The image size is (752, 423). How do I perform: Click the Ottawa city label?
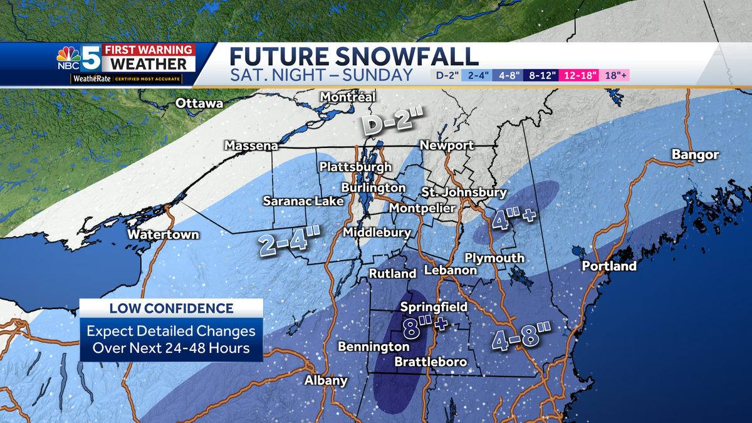tap(199, 103)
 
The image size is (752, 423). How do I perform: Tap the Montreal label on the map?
tap(348, 97)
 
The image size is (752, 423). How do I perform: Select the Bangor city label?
tap(695, 155)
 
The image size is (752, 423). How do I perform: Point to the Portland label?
tap(609, 266)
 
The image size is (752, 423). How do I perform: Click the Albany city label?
tap(326, 380)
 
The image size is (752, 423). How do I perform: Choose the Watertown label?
tap(163, 234)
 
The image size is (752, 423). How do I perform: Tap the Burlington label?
tap(373, 187)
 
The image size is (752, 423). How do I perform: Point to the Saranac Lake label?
tap(303, 201)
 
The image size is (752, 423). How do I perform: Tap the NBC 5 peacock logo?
tap(68, 57)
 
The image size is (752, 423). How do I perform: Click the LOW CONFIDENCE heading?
tap(171, 308)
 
